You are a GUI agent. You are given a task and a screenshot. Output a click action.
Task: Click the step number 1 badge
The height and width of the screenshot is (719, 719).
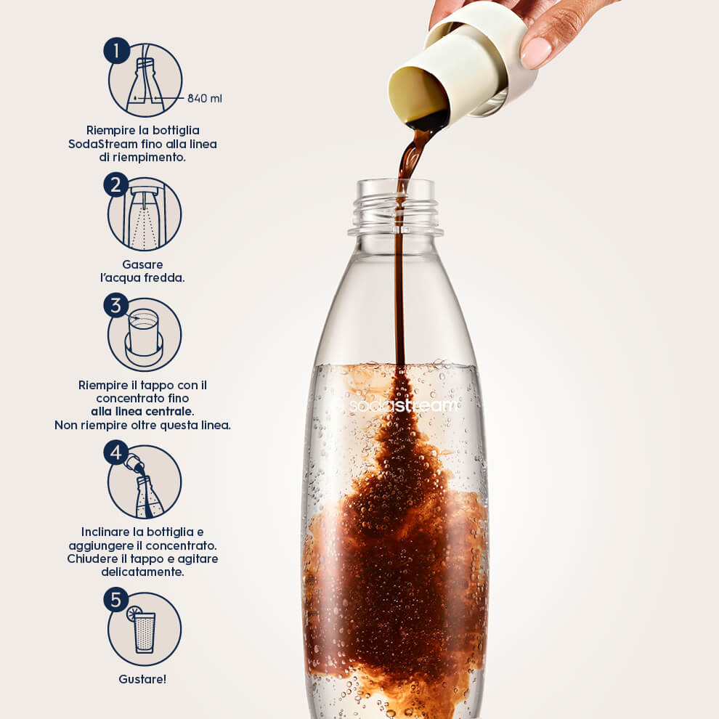click(116, 50)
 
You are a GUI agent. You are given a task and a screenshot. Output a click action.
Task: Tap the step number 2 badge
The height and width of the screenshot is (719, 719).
click(116, 184)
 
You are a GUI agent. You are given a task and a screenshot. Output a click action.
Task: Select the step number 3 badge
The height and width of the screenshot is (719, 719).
click(116, 305)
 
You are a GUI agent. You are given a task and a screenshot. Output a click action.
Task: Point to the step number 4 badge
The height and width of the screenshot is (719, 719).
click(116, 452)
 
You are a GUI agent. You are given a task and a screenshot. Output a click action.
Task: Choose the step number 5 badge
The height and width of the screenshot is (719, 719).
click(116, 600)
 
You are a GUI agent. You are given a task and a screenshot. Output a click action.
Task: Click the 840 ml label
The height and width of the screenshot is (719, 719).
click(205, 98)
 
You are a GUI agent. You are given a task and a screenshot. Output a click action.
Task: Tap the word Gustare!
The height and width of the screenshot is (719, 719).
click(142, 679)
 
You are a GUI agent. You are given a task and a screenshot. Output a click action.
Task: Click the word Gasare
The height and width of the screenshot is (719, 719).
click(142, 264)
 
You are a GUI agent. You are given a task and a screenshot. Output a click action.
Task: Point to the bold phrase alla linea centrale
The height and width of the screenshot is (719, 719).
click(142, 411)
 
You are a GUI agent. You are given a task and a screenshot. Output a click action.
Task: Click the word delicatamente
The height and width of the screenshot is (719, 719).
click(142, 572)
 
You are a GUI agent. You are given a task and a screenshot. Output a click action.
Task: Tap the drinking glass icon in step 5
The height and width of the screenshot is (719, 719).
click(145, 632)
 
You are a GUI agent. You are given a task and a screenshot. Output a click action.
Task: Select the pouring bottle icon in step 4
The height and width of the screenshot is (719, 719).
click(145, 491)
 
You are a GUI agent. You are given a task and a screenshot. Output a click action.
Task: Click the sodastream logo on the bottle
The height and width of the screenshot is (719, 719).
click(394, 405)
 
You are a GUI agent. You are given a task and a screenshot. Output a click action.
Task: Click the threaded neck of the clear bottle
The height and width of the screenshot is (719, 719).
click(395, 207)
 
